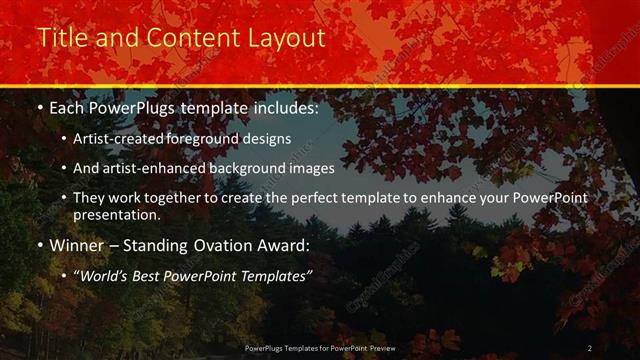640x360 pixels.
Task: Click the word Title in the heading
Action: click(x=59, y=38)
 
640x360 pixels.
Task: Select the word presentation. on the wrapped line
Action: click(x=116, y=214)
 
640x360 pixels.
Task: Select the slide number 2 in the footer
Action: click(x=589, y=348)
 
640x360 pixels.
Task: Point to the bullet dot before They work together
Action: click(x=64, y=199)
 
